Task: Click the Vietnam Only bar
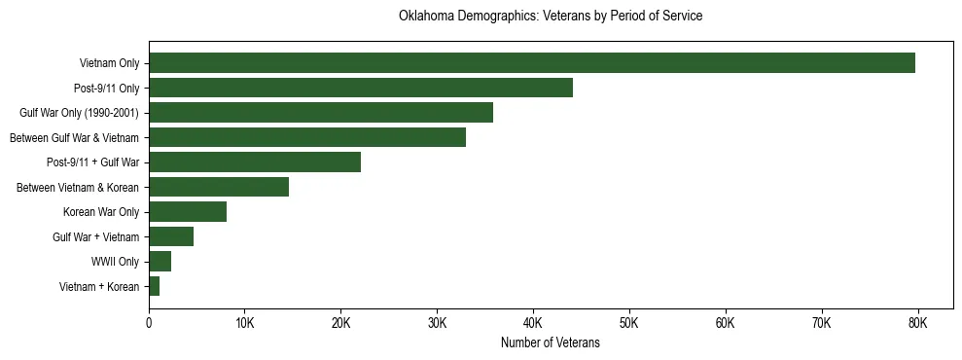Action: (x=531, y=63)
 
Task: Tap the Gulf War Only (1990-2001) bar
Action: (x=320, y=113)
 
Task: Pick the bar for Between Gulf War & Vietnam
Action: (x=306, y=137)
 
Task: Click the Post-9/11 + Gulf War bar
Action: (x=254, y=162)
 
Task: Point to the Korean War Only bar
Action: (x=187, y=212)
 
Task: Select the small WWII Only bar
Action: (x=160, y=262)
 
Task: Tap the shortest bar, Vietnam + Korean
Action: (x=154, y=286)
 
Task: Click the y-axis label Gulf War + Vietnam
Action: (x=95, y=236)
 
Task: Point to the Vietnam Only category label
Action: (x=109, y=63)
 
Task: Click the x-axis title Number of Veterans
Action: (x=550, y=343)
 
